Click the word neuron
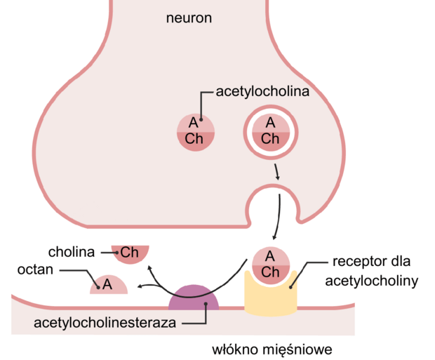189,18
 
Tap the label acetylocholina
262,92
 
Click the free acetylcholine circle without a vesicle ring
196,133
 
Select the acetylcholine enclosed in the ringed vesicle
271,133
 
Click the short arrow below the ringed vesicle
276,172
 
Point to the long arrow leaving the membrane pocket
279,217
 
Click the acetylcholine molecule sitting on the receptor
271,266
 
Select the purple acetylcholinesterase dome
194,298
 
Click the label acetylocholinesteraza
105,323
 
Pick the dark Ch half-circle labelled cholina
130,253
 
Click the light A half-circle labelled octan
109,285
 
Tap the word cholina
72,252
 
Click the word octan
35,269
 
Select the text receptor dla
371,262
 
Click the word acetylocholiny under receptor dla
371,281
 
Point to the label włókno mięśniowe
272,349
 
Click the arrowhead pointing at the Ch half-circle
149,268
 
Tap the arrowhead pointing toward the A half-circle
140,286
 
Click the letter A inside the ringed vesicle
271,123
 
